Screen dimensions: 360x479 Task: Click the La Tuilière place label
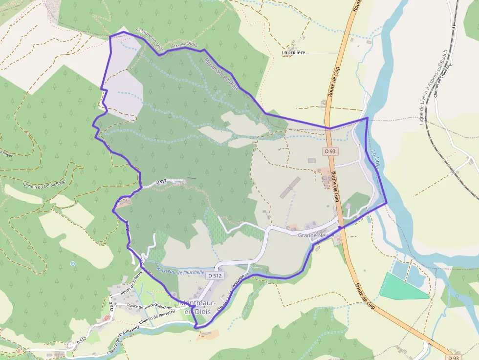point(300,52)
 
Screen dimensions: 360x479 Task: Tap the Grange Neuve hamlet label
point(316,235)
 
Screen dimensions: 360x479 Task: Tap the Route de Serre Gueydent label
point(149,306)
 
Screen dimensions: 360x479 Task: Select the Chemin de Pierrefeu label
point(157,318)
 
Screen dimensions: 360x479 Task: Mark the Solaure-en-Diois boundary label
point(149,40)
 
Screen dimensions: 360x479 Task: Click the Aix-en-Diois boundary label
point(184,45)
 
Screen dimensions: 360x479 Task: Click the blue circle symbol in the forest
point(73,264)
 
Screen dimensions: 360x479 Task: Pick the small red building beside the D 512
point(107,318)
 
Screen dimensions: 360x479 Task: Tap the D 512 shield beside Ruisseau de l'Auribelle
point(215,275)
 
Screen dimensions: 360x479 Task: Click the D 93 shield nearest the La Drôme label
point(330,151)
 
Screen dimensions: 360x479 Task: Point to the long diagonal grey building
point(290,188)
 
